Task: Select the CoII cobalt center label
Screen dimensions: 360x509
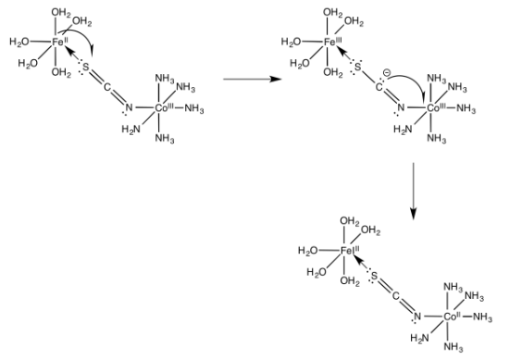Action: pyautogui.click(x=451, y=317)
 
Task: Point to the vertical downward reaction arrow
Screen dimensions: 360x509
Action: pyautogui.click(x=414, y=194)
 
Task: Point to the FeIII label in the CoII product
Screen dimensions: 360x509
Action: pyautogui.click(x=351, y=251)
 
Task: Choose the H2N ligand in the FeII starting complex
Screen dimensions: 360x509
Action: pyautogui.click(x=130, y=130)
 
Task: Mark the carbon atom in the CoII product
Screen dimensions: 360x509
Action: pyautogui.click(x=394, y=296)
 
